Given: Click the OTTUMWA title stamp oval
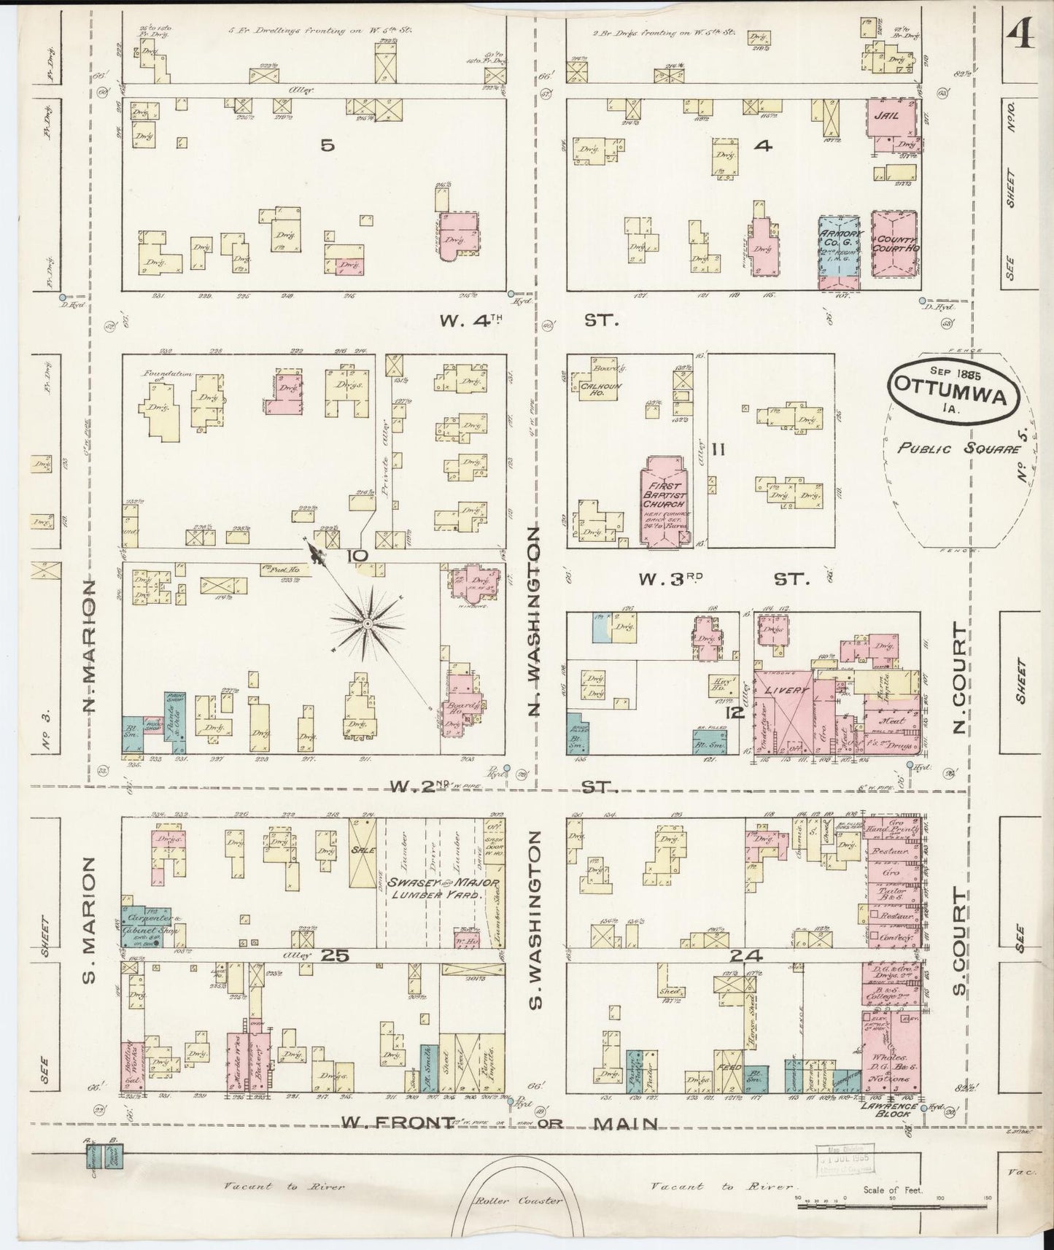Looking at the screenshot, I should click(953, 392).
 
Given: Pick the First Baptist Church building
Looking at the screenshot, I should click(663, 500).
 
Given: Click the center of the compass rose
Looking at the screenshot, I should click(369, 624).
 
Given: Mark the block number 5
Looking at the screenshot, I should click(328, 146).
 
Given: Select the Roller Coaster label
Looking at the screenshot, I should click(518, 1200).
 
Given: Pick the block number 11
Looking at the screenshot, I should click(718, 450).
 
